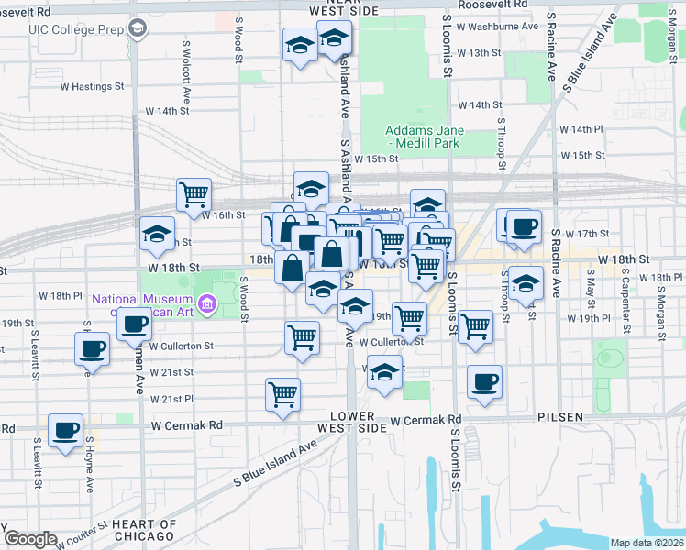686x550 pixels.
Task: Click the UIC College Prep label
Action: pyautogui.click(x=76, y=28)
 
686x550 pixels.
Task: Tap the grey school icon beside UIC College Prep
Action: pyautogui.click(x=138, y=28)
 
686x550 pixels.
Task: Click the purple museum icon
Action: pyautogui.click(x=208, y=303)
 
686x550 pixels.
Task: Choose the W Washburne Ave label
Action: pyautogui.click(x=496, y=26)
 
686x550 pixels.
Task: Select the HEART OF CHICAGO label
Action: pyautogui.click(x=144, y=529)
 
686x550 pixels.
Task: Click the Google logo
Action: pyautogui.click(x=30, y=539)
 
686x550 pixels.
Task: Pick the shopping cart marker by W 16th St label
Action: pyautogui.click(x=194, y=195)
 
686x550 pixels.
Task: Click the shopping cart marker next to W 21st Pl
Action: pyautogui.click(x=283, y=394)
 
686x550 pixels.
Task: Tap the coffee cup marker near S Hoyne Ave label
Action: pyautogui.click(x=93, y=348)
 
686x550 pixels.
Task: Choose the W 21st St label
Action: pyautogui.click(x=171, y=372)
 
